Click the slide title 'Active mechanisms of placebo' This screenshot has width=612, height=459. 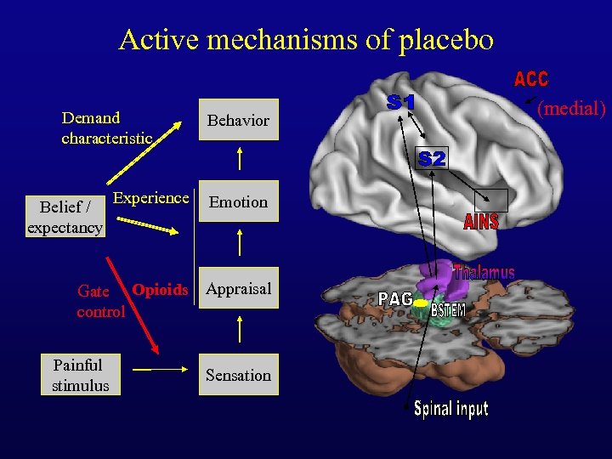click(306, 40)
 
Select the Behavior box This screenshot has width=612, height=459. click(238, 121)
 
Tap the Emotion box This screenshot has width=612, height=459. click(238, 202)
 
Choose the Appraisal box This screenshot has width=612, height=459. click(238, 289)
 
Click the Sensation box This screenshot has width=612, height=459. click(238, 376)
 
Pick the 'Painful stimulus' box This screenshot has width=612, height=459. click(80, 376)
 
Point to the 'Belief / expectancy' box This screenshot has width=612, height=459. click(65, 217)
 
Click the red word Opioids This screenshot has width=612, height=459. click(160, 290)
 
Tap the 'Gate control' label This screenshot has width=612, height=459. click(100, 302)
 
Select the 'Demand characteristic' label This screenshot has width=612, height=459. click(106, 127)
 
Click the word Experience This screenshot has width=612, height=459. click(151, 198)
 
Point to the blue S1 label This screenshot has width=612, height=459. click(401, 103)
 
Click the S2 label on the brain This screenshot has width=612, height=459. click(432, 159)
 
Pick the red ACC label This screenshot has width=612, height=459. click(531, 80)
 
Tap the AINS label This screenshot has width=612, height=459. click(481, 223)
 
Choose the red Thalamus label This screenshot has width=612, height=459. click(484, 272)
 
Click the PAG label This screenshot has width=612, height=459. click(395, 299)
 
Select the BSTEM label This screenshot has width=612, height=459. click(448, 310)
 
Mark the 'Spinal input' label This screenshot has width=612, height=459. click(450, 410)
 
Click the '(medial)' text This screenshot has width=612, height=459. click(571, 108)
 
